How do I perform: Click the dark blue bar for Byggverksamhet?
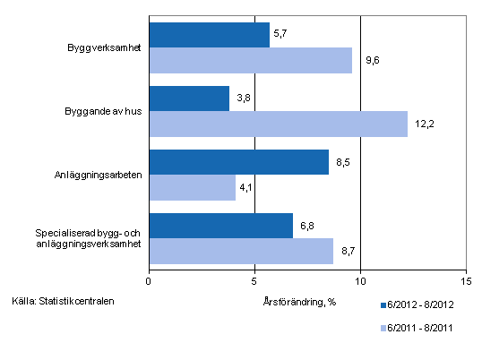209,35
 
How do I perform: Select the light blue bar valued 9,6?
250,60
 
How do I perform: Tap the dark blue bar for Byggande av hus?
189,99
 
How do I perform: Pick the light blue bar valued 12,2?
278,124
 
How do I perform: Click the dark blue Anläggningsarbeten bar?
238,162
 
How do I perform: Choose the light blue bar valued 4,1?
192,187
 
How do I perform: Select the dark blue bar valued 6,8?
220,226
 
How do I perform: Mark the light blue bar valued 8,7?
240,251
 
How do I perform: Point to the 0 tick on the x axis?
149,279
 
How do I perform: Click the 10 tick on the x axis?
360,279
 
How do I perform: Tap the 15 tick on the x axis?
465,279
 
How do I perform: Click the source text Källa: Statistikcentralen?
64,300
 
